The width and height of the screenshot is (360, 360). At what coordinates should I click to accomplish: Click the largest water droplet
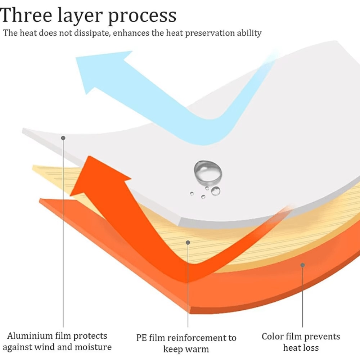point(208,171)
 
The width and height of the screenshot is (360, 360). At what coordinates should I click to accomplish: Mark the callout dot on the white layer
point(63,138)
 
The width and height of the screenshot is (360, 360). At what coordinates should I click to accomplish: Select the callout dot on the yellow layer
point(188,243)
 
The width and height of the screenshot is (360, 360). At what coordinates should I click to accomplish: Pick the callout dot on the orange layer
point(303,265)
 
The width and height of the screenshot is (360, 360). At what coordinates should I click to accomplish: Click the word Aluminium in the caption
point(30,336)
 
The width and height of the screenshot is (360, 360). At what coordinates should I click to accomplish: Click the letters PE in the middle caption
point(141,338)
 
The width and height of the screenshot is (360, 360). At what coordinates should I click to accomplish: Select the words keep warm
point(186,349)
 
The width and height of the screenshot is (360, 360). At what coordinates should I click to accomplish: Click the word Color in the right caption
point(273,337)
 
